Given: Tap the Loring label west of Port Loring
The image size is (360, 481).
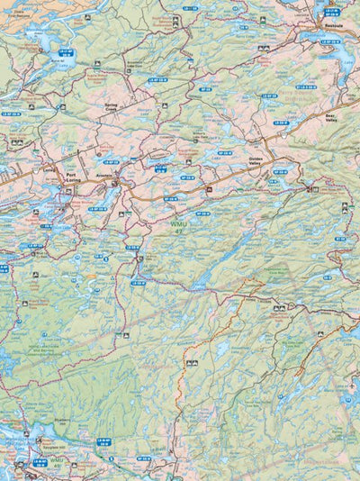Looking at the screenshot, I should (49, 168).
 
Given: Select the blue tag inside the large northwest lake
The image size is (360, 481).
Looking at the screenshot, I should (67, 52).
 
